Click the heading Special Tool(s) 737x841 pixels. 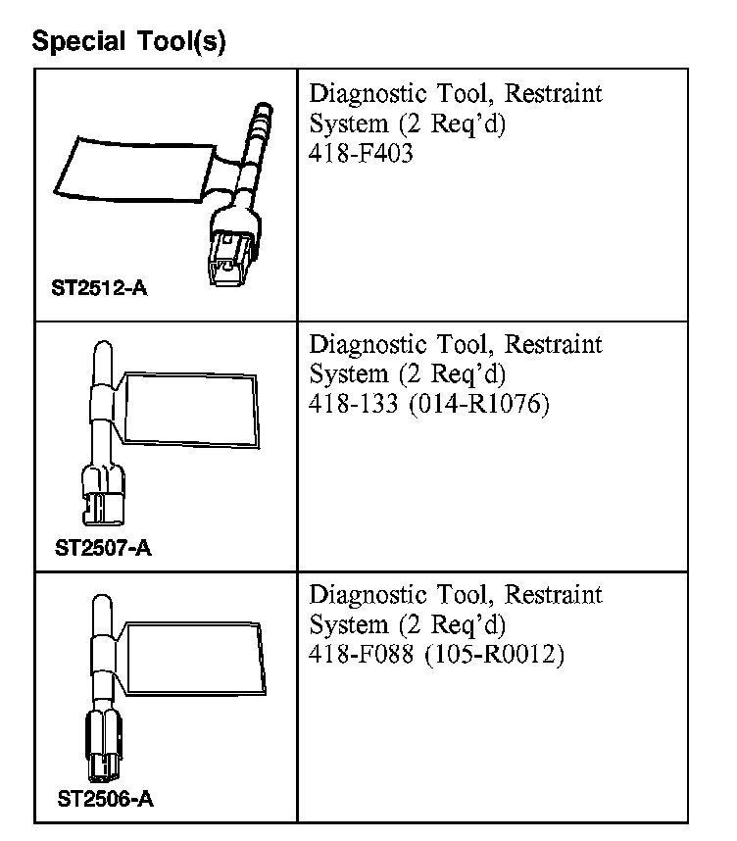pyautogui.click(x=128, y=42)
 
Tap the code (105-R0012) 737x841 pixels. pyautogui.click(x=495, y=654)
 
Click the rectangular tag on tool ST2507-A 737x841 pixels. pyautogui.click(x=191, y=410)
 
